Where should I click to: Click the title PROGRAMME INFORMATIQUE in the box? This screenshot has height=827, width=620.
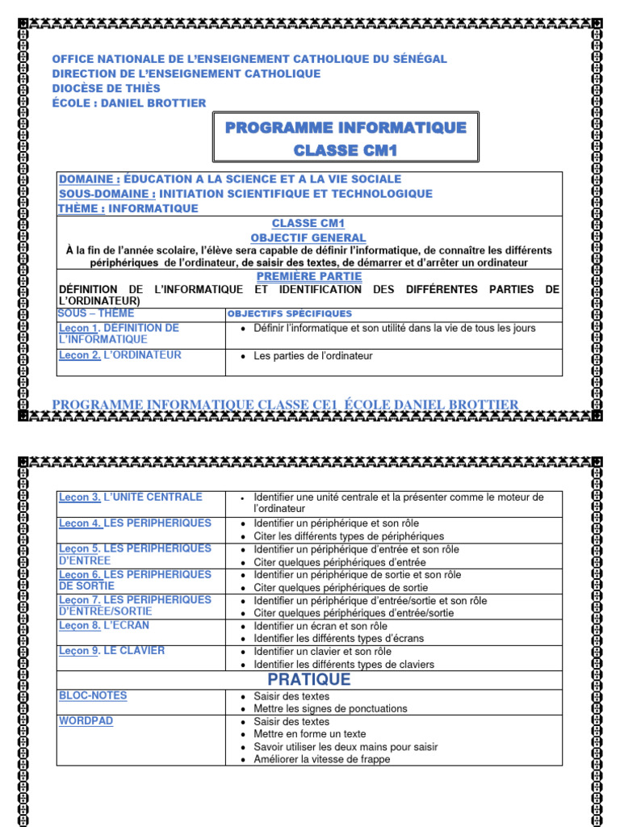pyautogui.click(x=346, y=128)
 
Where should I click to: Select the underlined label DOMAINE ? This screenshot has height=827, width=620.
pyautogui.click(x=90, y=178)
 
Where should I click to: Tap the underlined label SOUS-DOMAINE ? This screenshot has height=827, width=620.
pyautogui.click(x=107, y=194)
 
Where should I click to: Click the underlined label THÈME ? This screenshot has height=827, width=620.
pyautogui.click(x=82, y=208)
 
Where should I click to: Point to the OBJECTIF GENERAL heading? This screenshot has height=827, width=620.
pyautogui.click(x=308, y=237)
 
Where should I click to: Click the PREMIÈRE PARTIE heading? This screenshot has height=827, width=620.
pyautogui.click(x=308, y=276)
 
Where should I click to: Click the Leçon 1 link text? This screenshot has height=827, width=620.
pyautogui.click(x=78, y=328)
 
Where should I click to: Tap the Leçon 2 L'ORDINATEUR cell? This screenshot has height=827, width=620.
pyautogui.click(x=120, y=355)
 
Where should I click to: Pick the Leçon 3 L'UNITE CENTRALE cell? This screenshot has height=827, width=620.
pyautogui.click(x=131, y=497)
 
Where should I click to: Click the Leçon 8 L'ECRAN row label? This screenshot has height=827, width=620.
pyautogui.click(x=104, y=625)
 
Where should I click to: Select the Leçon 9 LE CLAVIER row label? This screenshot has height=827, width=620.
pyautogui.click(x=111, y=650)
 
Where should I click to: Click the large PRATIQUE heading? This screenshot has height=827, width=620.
pyautogui.click(x=309, y=679)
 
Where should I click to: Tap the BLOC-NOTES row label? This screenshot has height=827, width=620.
pyautogui.click(x=93, y=695)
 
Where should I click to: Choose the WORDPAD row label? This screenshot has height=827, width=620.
pyautogui.click(x=86, y=720)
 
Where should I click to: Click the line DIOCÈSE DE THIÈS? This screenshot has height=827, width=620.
pyautogui.click(x=106, y=88)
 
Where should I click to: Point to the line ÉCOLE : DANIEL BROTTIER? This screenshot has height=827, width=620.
pyautogui.click(x=129, y=103)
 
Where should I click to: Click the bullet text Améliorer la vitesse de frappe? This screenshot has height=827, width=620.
pyautogui.click(x=321, y=759)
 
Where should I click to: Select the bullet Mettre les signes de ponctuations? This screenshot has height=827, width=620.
pyautogui.click(x=330, y=708)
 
